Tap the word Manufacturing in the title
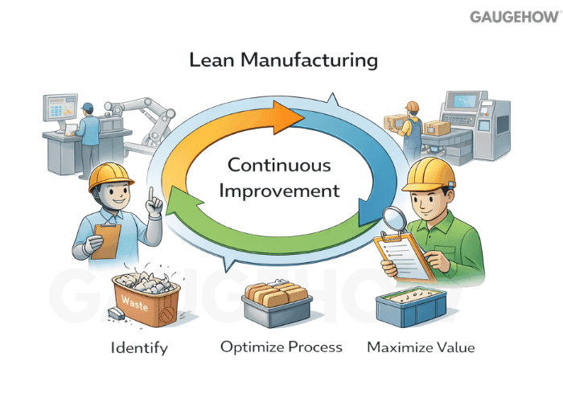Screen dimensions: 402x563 tap(311, 60)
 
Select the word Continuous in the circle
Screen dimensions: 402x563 tap(279, 166)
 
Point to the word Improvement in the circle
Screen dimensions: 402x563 tap(279, 192)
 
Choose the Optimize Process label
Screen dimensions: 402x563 tap(281, 347)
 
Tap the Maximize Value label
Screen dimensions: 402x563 tap(421, 347)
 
